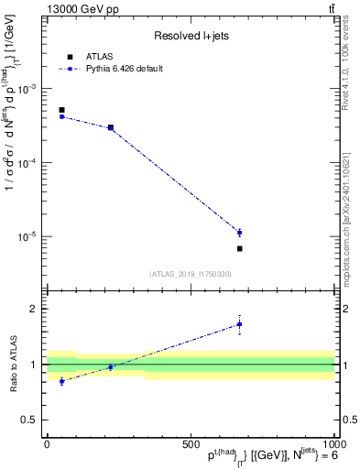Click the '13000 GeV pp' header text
[x=81, y=9]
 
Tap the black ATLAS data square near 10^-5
[x=239, y=248]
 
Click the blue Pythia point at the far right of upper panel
[x=239, y=233]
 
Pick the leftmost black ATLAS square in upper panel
[x=61, y=110]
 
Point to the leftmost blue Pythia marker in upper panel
[x=61, y=116]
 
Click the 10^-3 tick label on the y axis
[x=27, y=89]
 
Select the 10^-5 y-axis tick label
[x=27, y=236]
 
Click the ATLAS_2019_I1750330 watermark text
[x=191, y=274]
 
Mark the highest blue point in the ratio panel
[x=239, y=324]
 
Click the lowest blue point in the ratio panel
[x=61, y=381]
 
